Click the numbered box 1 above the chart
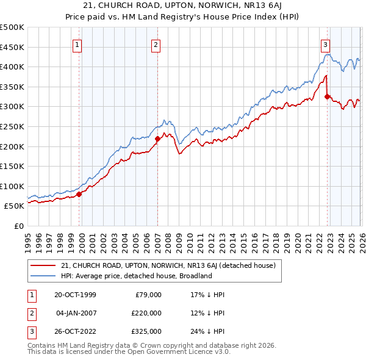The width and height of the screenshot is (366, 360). pos(78,44)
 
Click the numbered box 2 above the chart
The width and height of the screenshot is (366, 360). pos(156,44)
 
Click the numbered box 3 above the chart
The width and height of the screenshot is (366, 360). pos(326,44)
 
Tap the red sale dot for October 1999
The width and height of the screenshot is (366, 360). pos(79,194)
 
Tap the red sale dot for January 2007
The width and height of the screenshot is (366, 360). pos(157,139)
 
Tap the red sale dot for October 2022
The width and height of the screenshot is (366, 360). pos(328,96)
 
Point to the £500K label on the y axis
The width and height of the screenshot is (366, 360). pos(12,27)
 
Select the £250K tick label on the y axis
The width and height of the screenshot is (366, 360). pos(12,126)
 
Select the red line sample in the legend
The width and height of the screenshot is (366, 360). pos(43,265)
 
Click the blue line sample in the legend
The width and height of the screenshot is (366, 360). pos(43,276)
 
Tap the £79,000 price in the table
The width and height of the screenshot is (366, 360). pos(147,295)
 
